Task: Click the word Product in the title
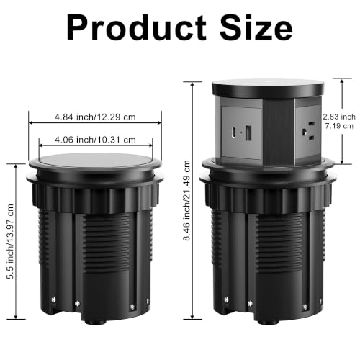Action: point(136,27)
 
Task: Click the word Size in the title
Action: point(256,27)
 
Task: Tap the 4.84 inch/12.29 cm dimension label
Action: point(95,117)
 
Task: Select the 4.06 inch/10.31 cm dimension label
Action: point(95,140)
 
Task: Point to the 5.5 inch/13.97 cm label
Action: point(11,242)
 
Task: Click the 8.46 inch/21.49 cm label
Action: point(186,201)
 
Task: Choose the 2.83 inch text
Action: point(339,117)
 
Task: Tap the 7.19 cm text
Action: point(339,126)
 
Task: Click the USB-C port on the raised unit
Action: point(233,132)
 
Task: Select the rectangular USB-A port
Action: point(248,132)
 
